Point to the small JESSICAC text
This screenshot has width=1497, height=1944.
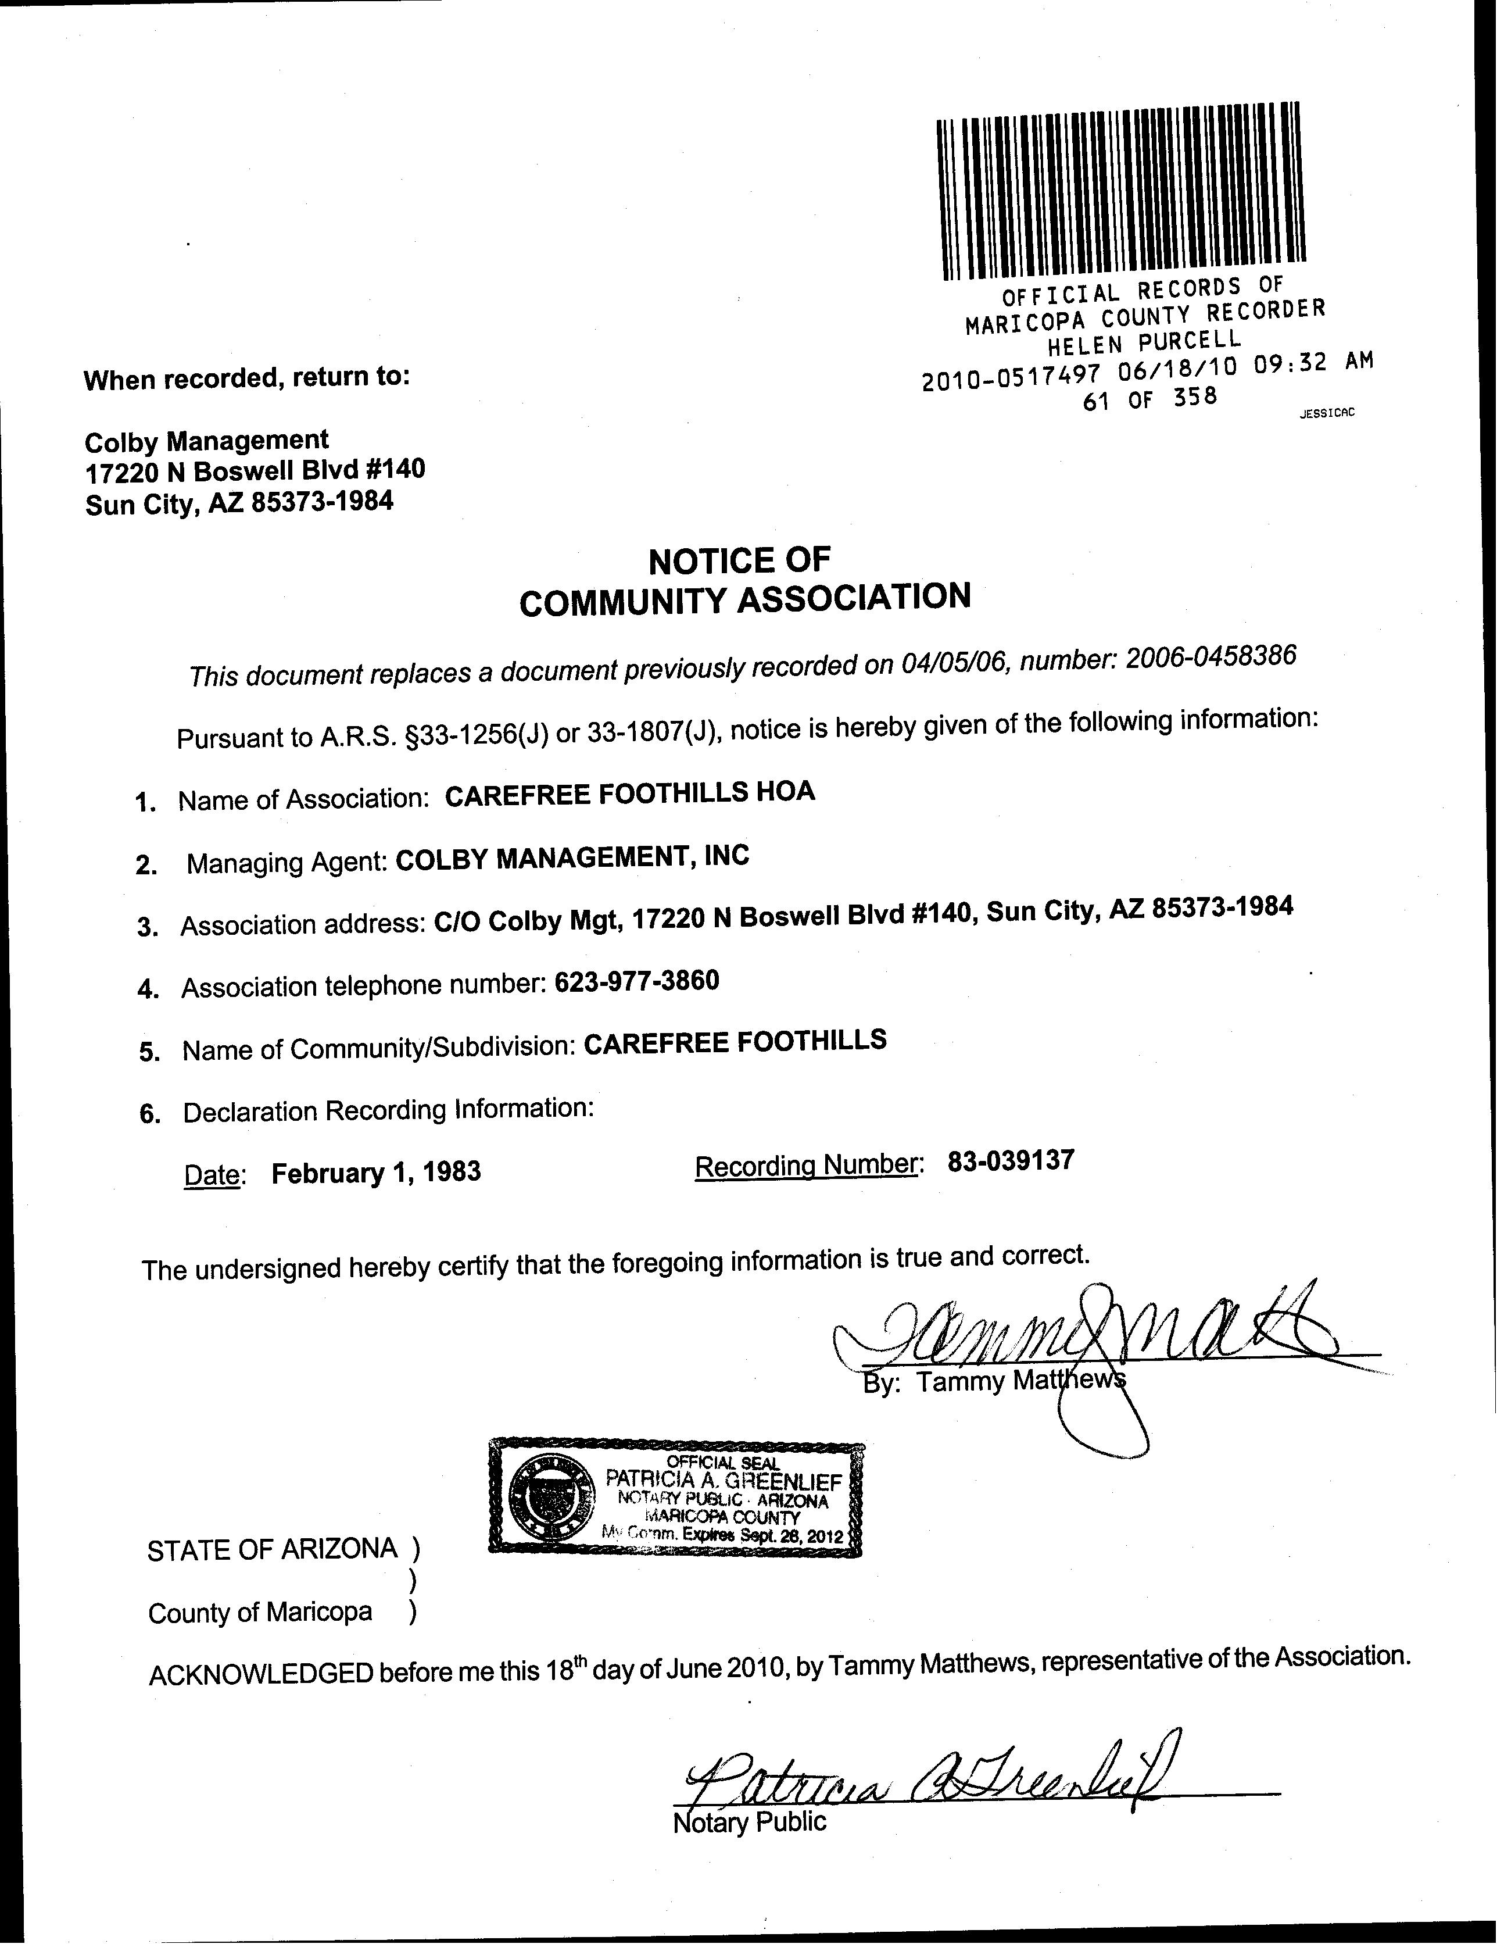(x=1327, y=413)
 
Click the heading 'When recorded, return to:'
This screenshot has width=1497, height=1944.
(x=246, y=378)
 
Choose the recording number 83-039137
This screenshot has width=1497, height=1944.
(x=1011, y=1161)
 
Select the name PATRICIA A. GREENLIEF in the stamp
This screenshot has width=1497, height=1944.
(x=723, y=1480)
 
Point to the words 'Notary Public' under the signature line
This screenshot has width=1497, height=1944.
(x=750, y=1822)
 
